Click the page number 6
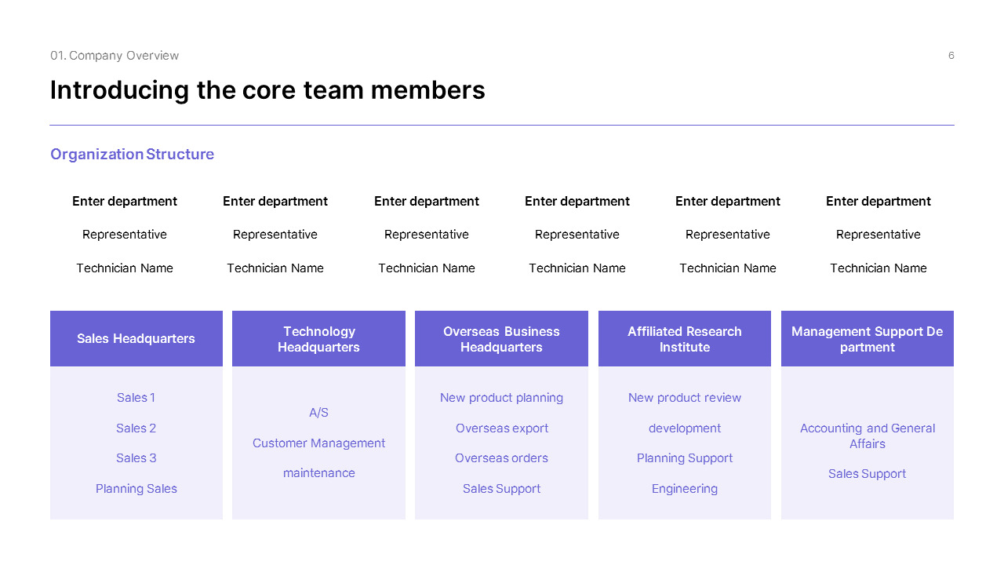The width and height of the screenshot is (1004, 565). click(951, 55)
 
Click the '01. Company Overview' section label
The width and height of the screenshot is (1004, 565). click(115, 55)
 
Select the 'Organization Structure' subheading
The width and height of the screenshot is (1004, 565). click(133, 154)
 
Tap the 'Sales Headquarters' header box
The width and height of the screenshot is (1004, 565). click(136, 338)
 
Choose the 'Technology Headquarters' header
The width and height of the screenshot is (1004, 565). click(318, 338)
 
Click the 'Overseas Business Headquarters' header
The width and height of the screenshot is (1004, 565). click(501, 338)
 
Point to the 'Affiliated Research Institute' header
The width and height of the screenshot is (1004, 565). click(685, 338)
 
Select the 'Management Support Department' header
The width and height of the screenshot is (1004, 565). click(868, 338)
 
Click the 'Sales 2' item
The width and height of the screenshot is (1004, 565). click(136, 428)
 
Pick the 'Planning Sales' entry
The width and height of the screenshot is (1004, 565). click(136, 488)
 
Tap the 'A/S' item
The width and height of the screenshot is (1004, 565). click(318, 413)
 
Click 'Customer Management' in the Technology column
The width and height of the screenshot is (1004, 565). click(318, 443)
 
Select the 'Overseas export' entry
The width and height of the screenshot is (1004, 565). click(501, 428)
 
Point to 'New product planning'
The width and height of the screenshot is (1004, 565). click(501, 398)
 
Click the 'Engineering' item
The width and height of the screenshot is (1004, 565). click(685, 488)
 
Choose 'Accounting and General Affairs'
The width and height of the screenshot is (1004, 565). click(868, 436)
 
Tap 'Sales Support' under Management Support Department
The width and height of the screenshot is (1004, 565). click(868, 473)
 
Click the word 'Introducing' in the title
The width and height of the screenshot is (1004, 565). click(120, 90)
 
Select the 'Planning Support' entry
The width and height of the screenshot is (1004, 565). click(685, 458)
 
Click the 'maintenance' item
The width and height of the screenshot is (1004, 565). click(318, 473)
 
